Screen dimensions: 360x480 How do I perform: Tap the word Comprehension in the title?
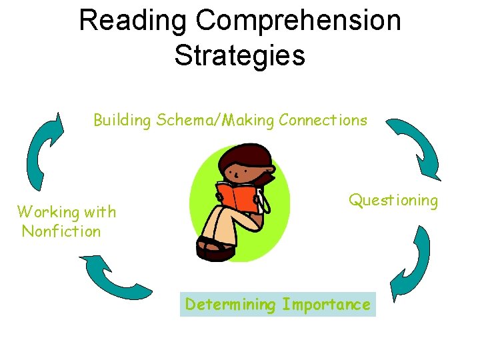(298, 21)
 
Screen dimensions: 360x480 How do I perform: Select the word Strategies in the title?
(240, 55)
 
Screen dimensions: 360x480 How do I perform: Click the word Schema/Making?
(215, 120)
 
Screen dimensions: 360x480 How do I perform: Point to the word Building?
(123, 120)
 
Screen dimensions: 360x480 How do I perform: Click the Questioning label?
(393, 200)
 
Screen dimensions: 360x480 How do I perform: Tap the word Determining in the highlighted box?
(230, 305)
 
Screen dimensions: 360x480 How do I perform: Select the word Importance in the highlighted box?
(326, 305)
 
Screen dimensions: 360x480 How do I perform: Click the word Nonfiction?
(61, 232)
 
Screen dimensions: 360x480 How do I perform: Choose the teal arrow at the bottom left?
(113, 277)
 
